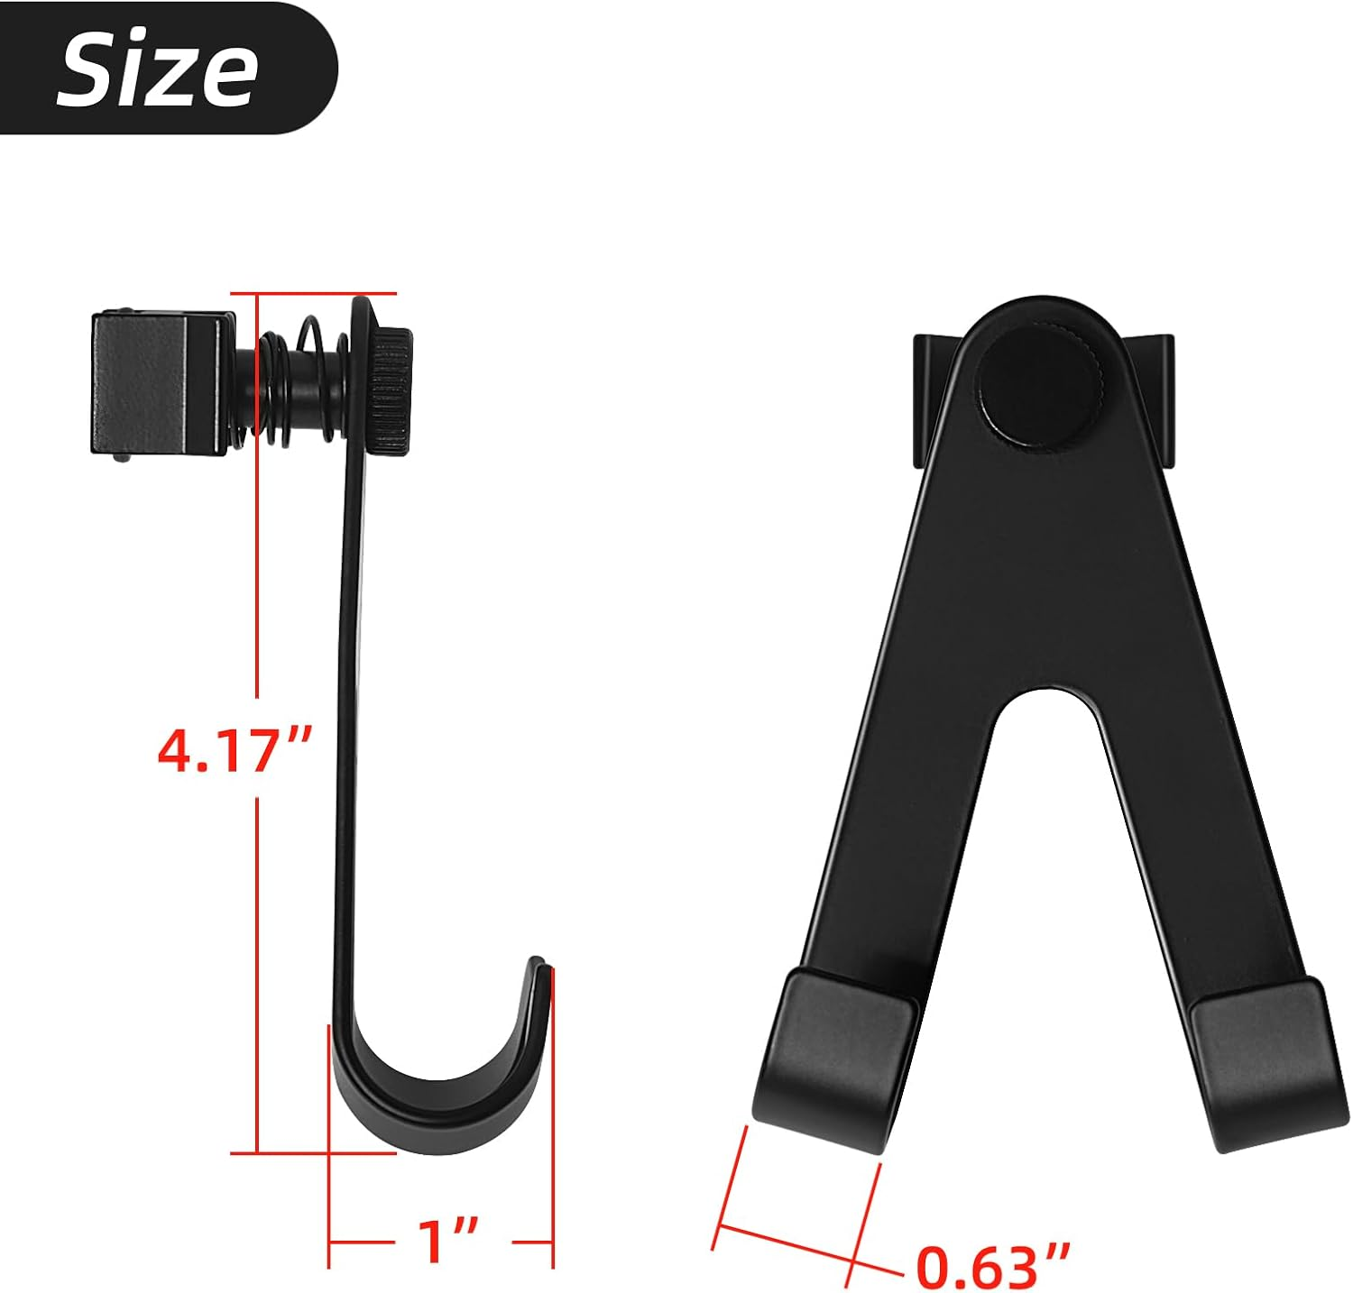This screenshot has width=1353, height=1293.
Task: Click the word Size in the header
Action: [x=158, y=69]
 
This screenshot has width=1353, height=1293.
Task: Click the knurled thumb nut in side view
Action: [x=389, y=391]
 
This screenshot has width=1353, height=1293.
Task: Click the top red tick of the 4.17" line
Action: [x=314, y=293]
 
